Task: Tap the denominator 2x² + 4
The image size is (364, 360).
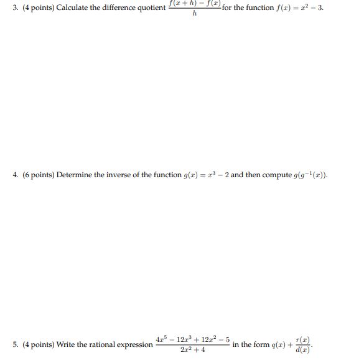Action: click(193, 350)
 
